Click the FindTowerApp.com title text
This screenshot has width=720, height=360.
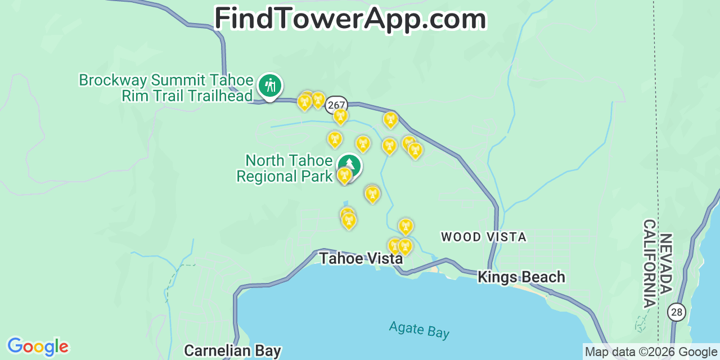click(350, 19)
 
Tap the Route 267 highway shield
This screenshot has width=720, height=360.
click(336, 105)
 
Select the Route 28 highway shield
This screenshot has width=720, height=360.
click(677, 311)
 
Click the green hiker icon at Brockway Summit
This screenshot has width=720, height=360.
click(270, 85)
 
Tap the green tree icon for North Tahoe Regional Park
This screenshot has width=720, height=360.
click(350, 165)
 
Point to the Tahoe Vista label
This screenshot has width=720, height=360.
click(361, 258)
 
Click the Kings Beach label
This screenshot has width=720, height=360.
click(521, 277)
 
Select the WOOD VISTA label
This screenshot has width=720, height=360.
click(484, 237)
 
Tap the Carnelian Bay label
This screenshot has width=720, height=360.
click(232, 350)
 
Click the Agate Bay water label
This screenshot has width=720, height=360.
click(419, 330)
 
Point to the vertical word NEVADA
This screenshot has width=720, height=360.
click(666, 264)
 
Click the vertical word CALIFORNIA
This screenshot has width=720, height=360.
click(650, 264)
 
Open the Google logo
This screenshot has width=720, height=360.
click(38, 346)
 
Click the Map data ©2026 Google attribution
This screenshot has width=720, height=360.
click(651, 352)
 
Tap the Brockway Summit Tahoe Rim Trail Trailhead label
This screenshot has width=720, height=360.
click(166, 88)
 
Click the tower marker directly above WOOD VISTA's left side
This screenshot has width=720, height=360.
click(406, 227)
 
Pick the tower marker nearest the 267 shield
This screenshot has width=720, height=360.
click(340, 116)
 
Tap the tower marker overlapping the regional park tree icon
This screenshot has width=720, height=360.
click(344, 175)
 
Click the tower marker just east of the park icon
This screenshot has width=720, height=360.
click(372, 194)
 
